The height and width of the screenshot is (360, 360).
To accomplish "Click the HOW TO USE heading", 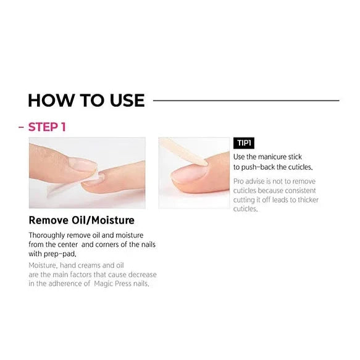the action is (x=86, y=101).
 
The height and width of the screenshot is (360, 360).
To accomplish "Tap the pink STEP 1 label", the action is (x=47, y=127).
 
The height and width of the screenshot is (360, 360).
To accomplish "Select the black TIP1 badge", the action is (x=244, y=143).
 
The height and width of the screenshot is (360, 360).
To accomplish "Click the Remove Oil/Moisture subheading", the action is (x=82, y=220).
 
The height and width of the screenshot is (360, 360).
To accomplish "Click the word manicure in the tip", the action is (x=272, y=157).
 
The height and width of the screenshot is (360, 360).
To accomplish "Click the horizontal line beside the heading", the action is (x=246, y=100).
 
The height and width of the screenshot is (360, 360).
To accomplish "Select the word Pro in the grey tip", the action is (x=238, y=182).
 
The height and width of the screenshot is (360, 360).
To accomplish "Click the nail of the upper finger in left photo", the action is (x=82, y=164).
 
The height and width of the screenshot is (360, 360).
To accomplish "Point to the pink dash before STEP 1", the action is (x=21, y=127).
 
